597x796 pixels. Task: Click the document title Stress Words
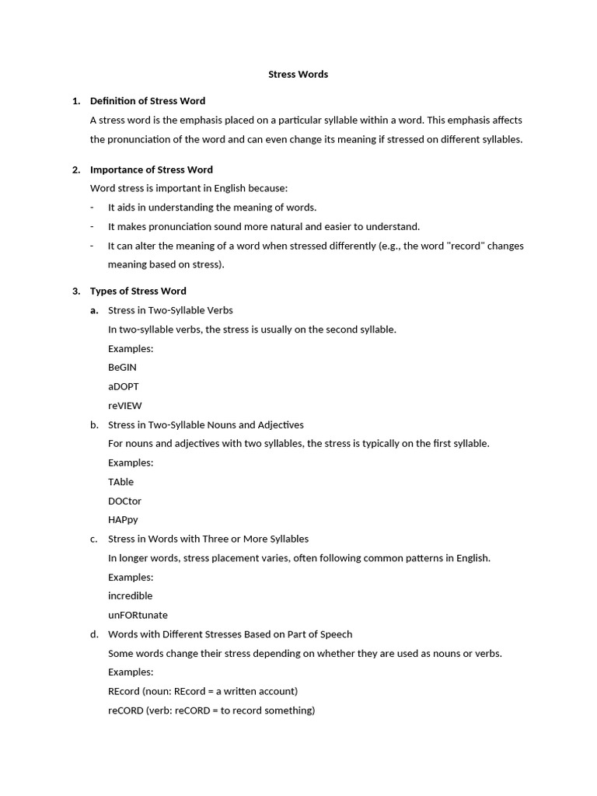tap(298, 75)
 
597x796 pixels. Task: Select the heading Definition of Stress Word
tap(148, 101)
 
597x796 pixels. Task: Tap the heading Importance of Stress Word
tap(151, 169)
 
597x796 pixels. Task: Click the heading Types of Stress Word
tap(138, 292)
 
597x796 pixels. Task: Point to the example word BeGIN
tap(122, 368)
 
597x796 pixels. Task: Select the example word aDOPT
tap(124, 386)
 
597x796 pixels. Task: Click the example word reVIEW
tap(124, 406)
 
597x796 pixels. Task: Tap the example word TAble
tap(120, 482)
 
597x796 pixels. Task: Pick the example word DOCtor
tap(124, 501)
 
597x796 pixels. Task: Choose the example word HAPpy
tap(123, 520)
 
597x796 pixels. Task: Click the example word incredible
tap(130, 596)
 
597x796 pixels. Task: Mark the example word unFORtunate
tap(138, 615)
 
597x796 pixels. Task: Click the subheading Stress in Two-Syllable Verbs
tap(170, 310)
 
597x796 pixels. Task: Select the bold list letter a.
tap(94, 310)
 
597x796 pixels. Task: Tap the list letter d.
tap(94, 634)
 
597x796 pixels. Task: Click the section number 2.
tap(75, 169)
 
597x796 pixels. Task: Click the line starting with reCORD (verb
tap(211, 710)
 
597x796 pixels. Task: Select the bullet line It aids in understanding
tap(212, 208)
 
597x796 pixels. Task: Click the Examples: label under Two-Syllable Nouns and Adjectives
tap(131, 463)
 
